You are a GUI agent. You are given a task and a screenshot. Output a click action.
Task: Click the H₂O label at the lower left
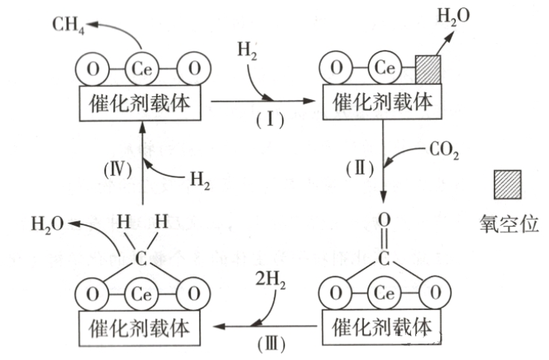pos(48,224)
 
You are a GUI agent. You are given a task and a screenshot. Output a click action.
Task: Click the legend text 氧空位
pos(509,224)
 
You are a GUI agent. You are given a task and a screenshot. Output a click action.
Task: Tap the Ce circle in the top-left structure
pos(142,69)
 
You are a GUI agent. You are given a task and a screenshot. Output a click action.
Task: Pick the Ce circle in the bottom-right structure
pos(383,293)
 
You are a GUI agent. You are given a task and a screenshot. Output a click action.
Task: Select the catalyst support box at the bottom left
pos(141,326)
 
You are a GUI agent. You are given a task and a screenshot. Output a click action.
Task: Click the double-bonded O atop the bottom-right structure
pos(383,220)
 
